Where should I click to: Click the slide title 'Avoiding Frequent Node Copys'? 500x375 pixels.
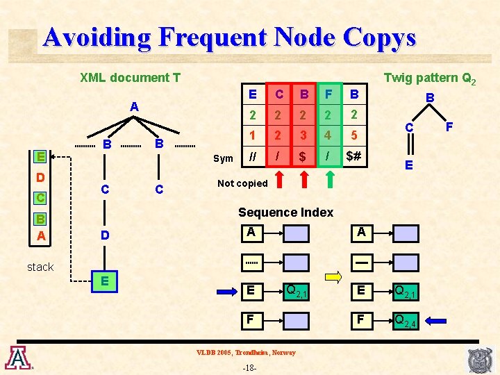point(228,37)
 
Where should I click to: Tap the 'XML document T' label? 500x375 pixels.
point(130,78)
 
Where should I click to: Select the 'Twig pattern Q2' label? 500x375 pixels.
point(430,78)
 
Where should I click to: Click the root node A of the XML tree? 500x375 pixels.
point(135,107)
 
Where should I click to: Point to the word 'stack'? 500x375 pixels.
point(40,267)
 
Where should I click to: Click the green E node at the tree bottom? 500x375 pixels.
point(104,281)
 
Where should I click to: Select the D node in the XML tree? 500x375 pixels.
point(104,235)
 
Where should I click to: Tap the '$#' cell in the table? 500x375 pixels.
point(353,157)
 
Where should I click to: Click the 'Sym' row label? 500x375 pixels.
point(223,158)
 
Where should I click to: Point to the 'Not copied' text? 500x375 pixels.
point(242,183)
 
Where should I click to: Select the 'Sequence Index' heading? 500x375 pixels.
point(285,212)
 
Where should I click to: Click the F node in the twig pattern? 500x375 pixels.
point(449,126)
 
